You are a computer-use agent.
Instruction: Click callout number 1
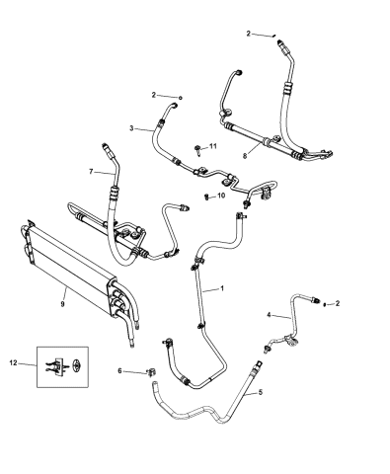pyautogui.click(x=223, y=289)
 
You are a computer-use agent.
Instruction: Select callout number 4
pyautogui.click(x=270, y=315)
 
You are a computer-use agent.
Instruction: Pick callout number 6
pyautogui.click(x=119, y=371)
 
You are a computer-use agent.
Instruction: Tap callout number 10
pyautogui.click(x=221, y=197)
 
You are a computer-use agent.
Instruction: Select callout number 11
pyautogui.click(x=212, y=146)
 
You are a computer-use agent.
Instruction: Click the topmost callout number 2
pyautogui.click(x=249, y=33)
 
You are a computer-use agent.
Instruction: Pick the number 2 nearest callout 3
pyautogui.click(x=154, y=94)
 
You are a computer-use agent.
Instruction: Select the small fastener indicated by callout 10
pyautogui.click(x=205, y=197)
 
